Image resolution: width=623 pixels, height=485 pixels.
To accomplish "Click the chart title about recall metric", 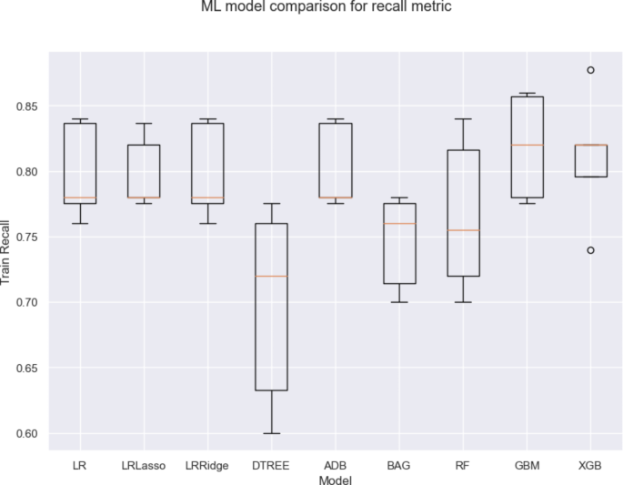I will [x=326, y=7].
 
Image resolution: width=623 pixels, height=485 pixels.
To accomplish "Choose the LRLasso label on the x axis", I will [x=143, y=465].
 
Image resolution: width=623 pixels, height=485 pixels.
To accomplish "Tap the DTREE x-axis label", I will [x=271, y=465].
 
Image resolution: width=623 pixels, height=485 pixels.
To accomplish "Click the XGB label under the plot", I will [x=590, y=465].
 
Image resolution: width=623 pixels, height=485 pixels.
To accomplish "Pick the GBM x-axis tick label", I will [x=527, y=465].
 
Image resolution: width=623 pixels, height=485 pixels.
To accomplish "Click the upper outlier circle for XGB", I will [x=590, y=70].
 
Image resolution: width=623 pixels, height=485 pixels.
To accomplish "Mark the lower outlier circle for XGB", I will [x=590, y=249].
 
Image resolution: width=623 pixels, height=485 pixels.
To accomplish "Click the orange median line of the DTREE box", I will [x=271, y=276].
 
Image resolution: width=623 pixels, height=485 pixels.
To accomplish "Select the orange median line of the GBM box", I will [x=527, y=145].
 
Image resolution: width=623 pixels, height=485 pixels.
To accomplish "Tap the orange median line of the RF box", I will [x=463, y=230].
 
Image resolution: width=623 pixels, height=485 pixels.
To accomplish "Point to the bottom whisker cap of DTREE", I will [x=271, y=433].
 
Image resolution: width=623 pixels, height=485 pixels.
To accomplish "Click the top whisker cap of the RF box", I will [x=463, y=119].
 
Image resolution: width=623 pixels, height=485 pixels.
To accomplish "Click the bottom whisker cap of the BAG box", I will [x=398, y=302].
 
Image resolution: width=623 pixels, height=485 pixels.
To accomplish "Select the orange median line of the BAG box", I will [x=398, y=224].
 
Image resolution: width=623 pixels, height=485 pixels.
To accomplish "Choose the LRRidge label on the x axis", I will [x=206, y=465].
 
